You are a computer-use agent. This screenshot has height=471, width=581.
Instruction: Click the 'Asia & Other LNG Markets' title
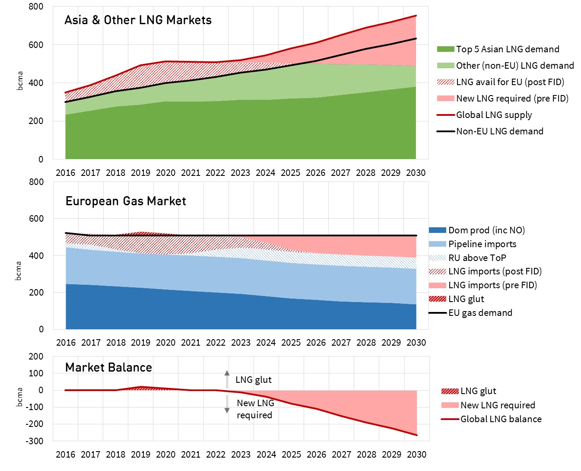(x=138, y=20)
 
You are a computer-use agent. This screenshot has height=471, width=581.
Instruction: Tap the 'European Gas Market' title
(x=126, y=201)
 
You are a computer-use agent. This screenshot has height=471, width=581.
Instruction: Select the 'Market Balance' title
(x=108, y=368)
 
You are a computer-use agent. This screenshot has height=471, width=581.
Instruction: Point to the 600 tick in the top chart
(x=36, y=45)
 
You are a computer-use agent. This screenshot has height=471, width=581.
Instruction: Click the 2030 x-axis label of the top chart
(x=416, y=173)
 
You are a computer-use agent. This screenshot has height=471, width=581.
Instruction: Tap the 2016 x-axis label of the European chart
(x=66, y=343)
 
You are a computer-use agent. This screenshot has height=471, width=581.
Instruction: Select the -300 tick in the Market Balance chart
(x=35, y=441)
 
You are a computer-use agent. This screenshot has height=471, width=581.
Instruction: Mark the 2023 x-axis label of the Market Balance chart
(x=241, y=455)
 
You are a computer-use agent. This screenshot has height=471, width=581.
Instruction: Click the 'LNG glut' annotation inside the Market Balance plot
(x=253, y=380)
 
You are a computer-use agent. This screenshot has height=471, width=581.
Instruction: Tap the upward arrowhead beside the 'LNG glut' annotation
(x=227, y=372)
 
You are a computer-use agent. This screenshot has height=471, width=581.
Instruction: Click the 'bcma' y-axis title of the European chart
(x=18, y=271)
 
